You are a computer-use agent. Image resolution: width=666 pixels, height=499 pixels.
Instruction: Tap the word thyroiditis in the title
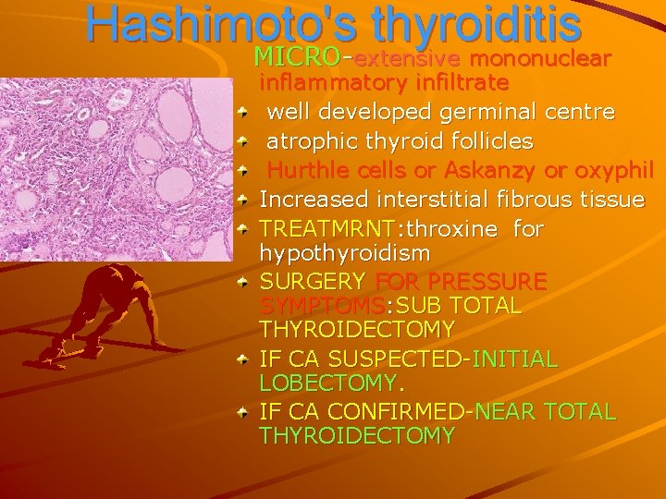pos(460,28)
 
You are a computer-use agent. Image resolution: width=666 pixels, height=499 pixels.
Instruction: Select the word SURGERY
pos(313,280)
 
